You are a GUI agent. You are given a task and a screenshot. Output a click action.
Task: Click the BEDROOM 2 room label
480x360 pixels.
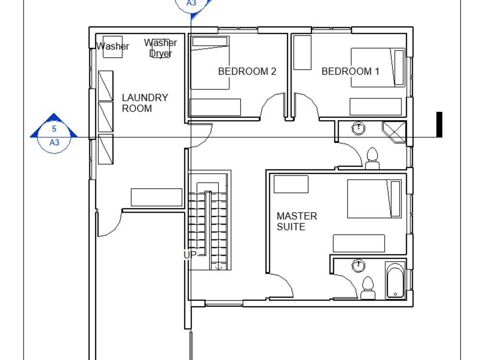click(x=247, y=72)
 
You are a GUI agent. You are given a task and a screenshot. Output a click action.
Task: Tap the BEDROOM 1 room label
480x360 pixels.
click(x=350, y=72)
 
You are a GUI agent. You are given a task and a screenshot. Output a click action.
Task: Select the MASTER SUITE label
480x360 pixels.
click(x=297, y=221)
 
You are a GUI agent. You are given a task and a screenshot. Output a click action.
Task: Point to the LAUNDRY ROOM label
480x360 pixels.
click(x=144, y=103)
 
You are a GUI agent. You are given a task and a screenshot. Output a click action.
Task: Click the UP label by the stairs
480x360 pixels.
click(x=190, y=255)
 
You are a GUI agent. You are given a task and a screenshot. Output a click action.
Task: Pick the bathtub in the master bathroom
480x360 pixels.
click(x=396, y=281)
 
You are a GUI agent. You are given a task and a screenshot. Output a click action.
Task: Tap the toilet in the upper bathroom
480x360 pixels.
click(x=372, y=158)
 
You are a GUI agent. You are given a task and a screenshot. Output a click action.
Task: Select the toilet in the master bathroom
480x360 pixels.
click(x=368, y=287)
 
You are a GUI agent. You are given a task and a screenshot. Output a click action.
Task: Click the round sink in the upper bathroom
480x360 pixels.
click(x=358, y=128)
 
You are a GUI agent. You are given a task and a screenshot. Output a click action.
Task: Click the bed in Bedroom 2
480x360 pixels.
click(x=210, y=62)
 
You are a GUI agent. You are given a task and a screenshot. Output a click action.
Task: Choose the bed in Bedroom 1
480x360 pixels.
click(x=378, y=68)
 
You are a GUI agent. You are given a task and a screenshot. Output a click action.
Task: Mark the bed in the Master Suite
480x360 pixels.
click(x=374, y=199)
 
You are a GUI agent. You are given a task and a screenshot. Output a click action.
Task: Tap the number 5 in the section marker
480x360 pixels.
click(x=54, y=129)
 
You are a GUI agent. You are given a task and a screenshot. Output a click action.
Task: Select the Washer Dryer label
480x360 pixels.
click(x=160, y=48)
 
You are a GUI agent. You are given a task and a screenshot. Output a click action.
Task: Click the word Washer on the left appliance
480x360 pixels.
click(x=113, y=47)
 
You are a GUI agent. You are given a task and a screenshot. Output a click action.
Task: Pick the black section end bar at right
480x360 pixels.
click(x=439, y=125)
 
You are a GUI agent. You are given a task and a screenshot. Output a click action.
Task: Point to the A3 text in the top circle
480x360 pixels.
click(x=192, y=3)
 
